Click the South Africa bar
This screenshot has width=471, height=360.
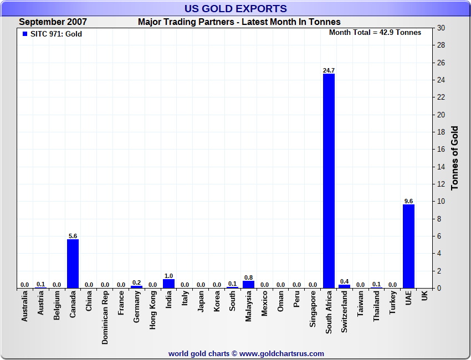click(x=329, y=181)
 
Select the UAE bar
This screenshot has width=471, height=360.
click(x=408, y=246)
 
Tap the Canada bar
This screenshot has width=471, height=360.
click(x=73, y=264)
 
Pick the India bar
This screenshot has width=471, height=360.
click(x=168, y=284)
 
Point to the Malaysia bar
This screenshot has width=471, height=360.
click(x=248, y=285)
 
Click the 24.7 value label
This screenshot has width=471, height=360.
click(x=329, y=70)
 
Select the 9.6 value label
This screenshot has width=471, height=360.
click(x=408, y=201)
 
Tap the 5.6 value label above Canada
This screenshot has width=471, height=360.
click(x=73, y=236)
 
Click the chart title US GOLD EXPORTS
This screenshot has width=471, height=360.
click(x=235, y=8)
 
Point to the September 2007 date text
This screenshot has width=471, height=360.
click(x=53, y=22)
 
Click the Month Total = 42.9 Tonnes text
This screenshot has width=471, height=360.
click(x=375, y=33)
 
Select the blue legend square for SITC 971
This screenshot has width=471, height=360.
click(x=24, y=34)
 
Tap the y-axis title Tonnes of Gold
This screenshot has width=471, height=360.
click(x=455, y=158)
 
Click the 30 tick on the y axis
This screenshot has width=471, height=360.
click(x=441, y=28)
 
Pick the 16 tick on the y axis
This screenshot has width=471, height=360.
click(x=441, y=150)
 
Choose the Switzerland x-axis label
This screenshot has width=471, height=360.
click(x=345, y=312)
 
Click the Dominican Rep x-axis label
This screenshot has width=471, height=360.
click(x=105, y=317)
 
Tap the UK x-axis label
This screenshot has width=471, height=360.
click(x=424, y=297)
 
